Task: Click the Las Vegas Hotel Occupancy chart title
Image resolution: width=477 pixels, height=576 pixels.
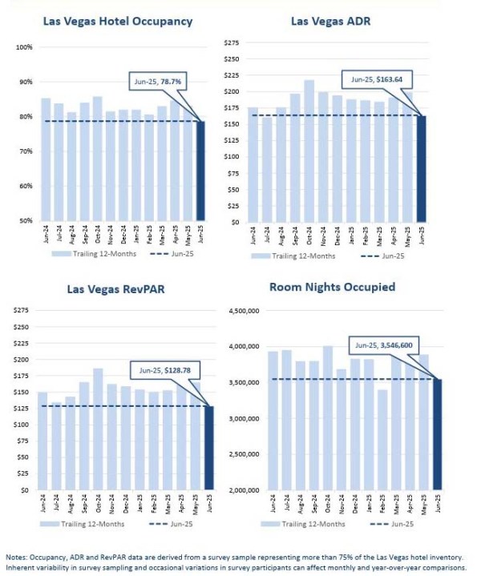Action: pos(118,22)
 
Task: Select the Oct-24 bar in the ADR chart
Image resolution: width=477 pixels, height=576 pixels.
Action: pos(309,151)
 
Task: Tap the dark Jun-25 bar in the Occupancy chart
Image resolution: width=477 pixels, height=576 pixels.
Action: pos(200,171)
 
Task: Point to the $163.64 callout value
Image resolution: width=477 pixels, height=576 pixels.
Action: pos(390,79)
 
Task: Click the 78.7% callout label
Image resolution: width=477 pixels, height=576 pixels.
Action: pos(171,81)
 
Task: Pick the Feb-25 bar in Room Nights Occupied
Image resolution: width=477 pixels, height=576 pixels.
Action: pos(382,440)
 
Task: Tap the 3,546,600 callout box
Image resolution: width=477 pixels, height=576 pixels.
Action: pos(384,345)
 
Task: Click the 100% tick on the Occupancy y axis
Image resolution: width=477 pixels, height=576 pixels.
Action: pos(24,47)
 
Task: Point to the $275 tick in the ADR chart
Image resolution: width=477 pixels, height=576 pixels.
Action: pos(232,42)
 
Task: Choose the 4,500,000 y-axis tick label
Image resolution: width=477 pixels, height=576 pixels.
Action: pos(244,311)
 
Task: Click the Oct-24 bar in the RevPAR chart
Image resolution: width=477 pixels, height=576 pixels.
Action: pos(98,429)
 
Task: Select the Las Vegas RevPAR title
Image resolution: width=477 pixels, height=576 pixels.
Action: pos(115,289)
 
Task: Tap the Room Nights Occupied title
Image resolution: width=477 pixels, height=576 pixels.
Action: pos(332,287)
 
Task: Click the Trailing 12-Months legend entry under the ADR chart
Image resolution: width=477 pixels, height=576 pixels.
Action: pos(293,256)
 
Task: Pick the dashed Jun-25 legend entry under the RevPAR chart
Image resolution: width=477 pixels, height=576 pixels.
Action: pos(171,524)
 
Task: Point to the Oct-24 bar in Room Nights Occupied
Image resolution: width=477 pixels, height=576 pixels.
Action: pos(328,418)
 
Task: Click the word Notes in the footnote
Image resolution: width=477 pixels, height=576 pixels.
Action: pos(16,558)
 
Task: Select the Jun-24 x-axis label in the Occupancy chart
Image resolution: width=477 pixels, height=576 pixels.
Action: pos(46,234)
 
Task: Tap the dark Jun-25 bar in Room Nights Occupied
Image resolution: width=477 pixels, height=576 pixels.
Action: pos(437,434)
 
